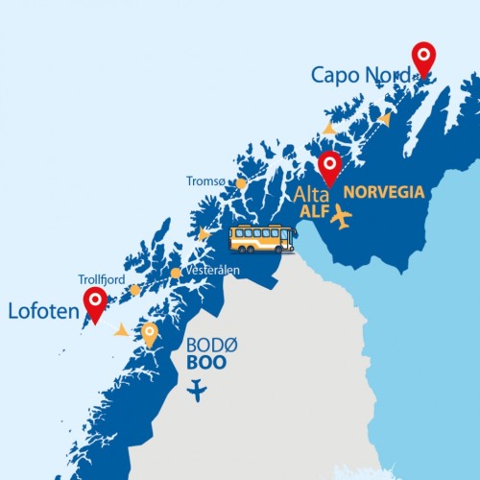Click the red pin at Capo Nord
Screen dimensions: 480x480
[422, 59]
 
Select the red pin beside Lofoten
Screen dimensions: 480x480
[95, 303]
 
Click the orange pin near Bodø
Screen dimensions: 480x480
[150, 332]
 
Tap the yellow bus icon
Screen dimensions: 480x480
[262, 239]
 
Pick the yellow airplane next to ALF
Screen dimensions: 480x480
[340, 217]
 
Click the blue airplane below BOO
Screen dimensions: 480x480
[198, 391]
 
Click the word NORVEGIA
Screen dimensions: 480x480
[383, 192]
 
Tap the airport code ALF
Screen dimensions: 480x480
[313, 210]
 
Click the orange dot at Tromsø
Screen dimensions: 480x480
[241, 183]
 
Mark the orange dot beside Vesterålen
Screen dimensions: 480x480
[176, 273]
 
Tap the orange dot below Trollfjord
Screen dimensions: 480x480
[135, 289]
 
